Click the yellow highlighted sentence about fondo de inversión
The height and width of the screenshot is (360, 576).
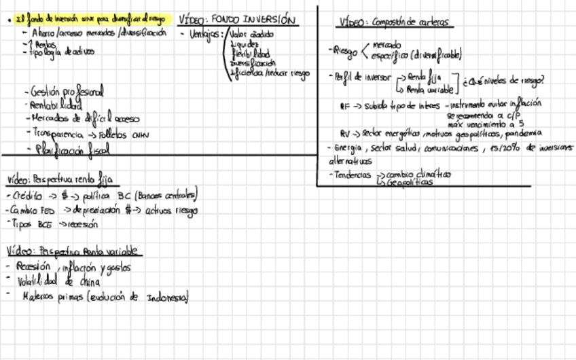tap(90, 20)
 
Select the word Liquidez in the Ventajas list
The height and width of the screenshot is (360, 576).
tap(245, 43)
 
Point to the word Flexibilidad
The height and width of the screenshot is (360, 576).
tap(250, 53)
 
